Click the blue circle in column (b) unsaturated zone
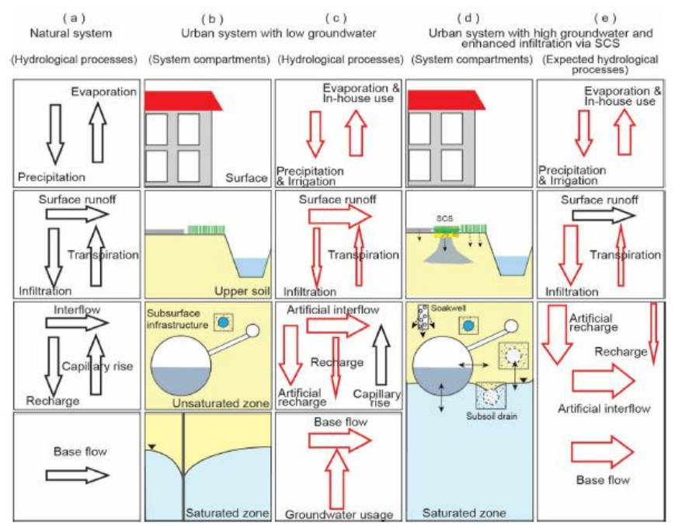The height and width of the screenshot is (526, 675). [x=224, y=321]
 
